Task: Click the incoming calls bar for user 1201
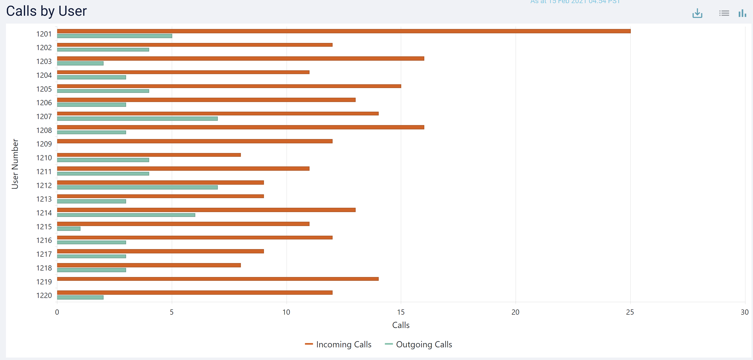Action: [343, 31]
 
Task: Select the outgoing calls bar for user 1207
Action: [137, 118]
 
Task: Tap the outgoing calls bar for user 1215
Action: [69, 229]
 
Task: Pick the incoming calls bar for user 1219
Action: [218, 279]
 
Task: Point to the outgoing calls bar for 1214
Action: [126, 215]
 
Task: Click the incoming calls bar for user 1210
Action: [149, 155]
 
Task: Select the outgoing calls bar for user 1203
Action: [80, 63]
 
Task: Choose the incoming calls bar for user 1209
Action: [195, 141]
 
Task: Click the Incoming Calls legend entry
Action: [338, 344]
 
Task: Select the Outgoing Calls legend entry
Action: [419, 344]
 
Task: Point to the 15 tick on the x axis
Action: [401, 312]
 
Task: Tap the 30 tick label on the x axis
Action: [744, 312]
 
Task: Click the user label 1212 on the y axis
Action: [44, 185]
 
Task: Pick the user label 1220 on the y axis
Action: [44, 295]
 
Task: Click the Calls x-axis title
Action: [401, 325]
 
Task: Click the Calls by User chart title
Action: [46, 11]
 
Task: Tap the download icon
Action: [697, 13]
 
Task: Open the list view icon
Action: [724, 13]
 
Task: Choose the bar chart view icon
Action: [742, 13]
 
